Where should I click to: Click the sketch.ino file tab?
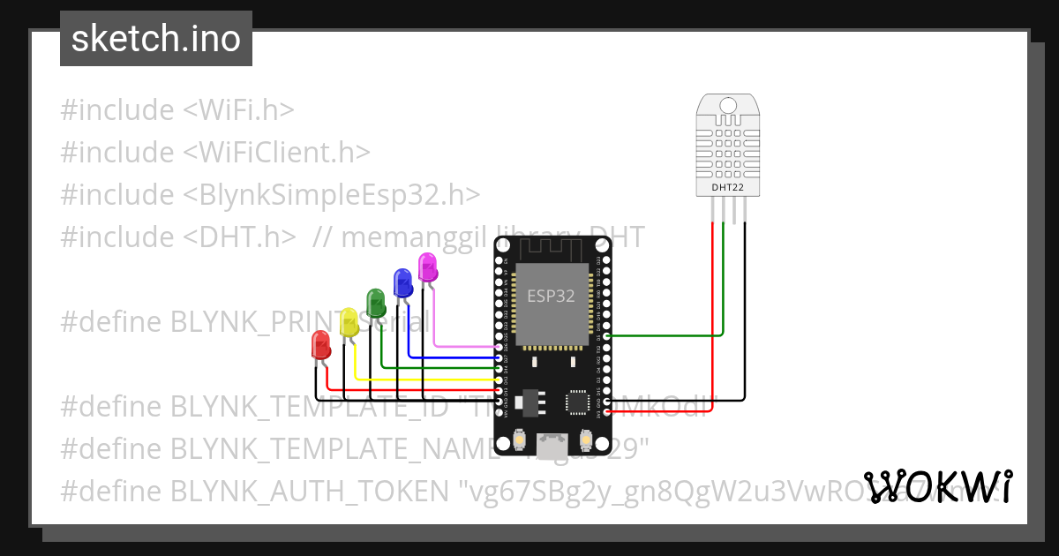(156, 39)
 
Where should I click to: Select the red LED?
(320, 344)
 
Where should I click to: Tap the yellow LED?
(349, 321)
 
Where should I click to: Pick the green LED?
(376, 302)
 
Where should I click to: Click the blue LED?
(402, 282)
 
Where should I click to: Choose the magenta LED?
(427, 266)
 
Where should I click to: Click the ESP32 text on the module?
(551, 297)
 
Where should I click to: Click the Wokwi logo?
(938, 487)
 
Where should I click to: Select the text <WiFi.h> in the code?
(238, 110)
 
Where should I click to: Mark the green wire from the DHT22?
(724, 282)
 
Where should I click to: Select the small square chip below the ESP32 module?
(578, 402)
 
